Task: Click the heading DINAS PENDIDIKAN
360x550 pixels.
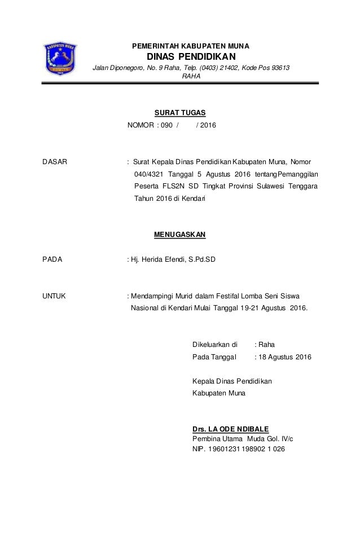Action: pos(187,57)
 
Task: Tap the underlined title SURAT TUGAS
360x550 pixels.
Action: pos(172,113)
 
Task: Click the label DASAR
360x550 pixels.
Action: pos(55,162)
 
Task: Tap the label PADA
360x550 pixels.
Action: pos(52,260)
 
